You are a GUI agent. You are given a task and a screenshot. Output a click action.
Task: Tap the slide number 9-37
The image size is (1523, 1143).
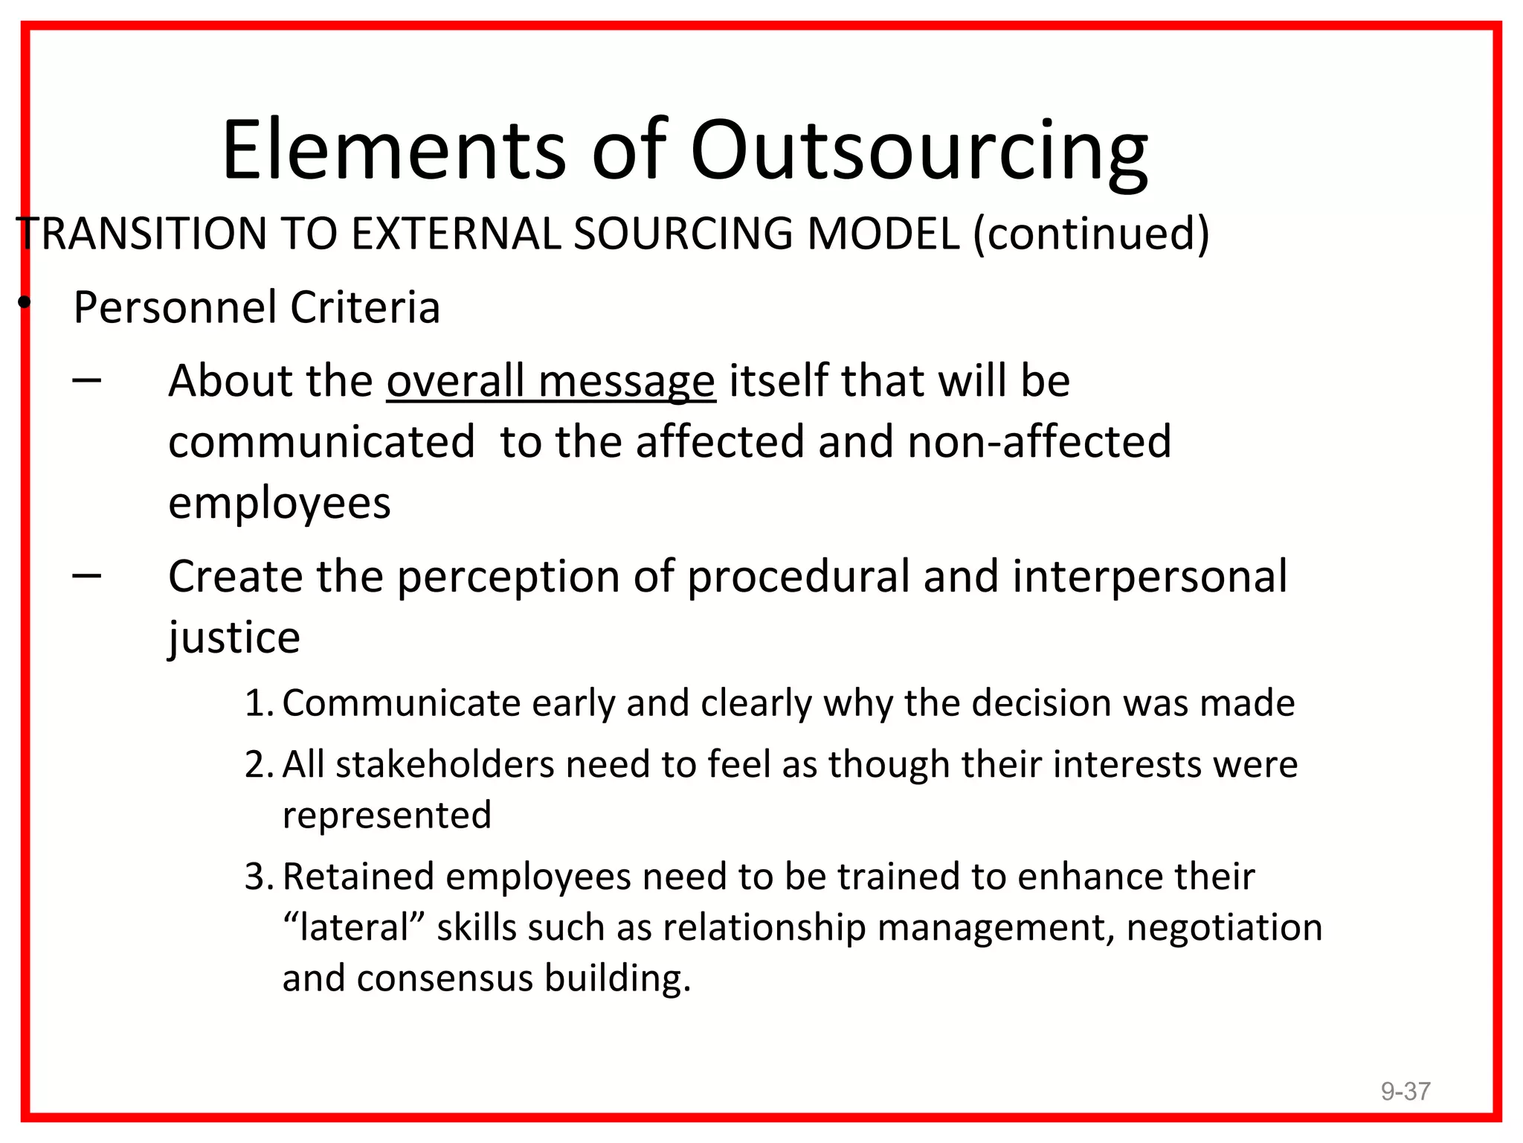pos(1406,1091)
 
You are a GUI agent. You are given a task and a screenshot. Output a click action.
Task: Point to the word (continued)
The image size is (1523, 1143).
pos(1091,234)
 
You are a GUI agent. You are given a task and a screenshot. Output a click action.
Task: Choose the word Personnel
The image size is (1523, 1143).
pos(176,307)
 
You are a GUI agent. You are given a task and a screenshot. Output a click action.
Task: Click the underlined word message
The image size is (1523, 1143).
pos(626,381)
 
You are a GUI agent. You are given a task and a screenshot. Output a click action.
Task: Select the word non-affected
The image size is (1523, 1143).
pos(1039,441)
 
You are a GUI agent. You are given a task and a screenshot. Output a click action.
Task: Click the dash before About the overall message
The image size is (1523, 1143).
pos(87,380)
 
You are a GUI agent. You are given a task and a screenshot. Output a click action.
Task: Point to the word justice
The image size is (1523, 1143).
pos(234,638)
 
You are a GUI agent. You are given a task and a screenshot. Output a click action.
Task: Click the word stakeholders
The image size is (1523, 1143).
pos(445,764)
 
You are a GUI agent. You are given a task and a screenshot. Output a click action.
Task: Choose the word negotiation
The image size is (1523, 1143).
pos(1224,928)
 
